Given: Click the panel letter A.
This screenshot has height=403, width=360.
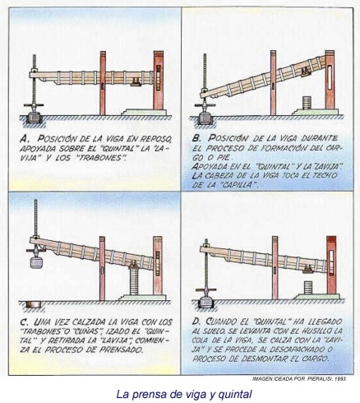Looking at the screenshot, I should [24, 141].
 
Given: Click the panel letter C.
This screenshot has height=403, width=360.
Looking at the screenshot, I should [25, 322].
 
